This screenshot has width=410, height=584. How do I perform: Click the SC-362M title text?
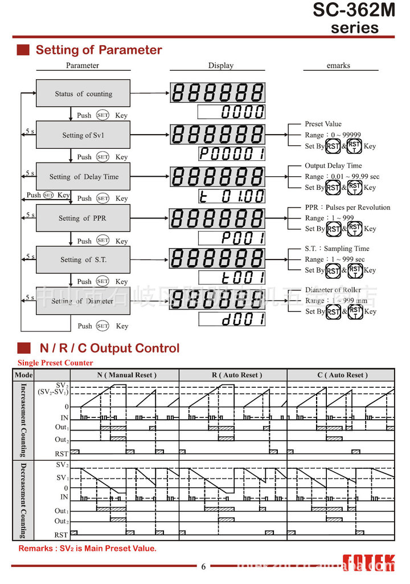coord(354,10)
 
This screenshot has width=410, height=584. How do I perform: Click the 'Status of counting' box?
coord(83,94)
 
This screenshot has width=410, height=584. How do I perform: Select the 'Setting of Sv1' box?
coord(83,135)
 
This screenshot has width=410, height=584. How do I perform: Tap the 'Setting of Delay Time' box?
coord(83,177)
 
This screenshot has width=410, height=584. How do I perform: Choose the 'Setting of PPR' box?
coord(83,218)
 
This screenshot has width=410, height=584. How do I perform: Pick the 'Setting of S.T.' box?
coord(83,259)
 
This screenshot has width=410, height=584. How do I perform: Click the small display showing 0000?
coord(231,112)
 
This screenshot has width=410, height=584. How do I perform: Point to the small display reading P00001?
coord(231,154)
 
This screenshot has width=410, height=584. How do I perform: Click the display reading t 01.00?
coord(231,196)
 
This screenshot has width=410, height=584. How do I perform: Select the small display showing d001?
coord(231,319)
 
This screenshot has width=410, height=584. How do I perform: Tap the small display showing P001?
coord(231,238)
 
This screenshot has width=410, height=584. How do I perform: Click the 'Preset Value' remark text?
coord(323,124)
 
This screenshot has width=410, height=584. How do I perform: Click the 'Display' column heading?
coord(221,66)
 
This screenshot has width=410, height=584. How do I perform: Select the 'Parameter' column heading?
coord(83,66)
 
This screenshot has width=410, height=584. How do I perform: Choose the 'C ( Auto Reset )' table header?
coord(340,375)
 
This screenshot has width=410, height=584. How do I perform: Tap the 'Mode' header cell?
coord(23,375)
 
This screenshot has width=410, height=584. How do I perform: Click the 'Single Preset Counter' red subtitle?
coord(55,363)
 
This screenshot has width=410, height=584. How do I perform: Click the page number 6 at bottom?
coord(203,567)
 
